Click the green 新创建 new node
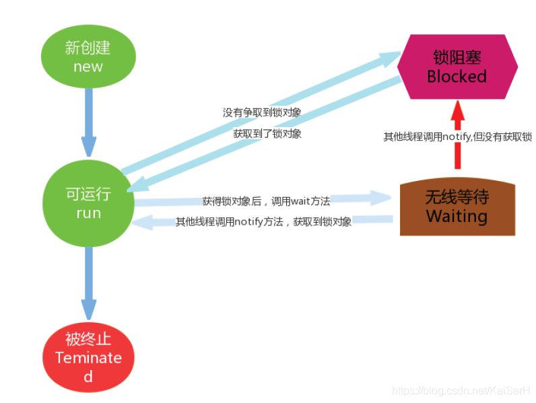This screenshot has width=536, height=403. tap(88, 57)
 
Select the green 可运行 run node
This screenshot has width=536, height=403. tap(88, 203)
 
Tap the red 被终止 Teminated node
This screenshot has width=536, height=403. tap(88, 357)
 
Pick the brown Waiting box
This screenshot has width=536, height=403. tap(457, 207)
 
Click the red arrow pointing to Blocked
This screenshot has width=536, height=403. tap(458, 135)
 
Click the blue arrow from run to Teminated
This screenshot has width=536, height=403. tap(88, 282)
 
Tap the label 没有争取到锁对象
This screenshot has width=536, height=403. tap(263, 112)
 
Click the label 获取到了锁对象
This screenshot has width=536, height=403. tap(267, 133)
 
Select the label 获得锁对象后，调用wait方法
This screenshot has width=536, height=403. tap(266, 200)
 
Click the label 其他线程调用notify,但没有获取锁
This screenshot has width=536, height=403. tap(458, 137)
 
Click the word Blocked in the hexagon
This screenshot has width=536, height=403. tap(457, 76)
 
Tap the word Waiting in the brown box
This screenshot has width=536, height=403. tap(457, 216)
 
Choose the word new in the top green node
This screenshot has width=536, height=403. tap(88, 66)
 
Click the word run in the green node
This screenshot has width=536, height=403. tap(88, 213)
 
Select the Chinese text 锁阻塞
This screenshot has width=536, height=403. tap(457, 57)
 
